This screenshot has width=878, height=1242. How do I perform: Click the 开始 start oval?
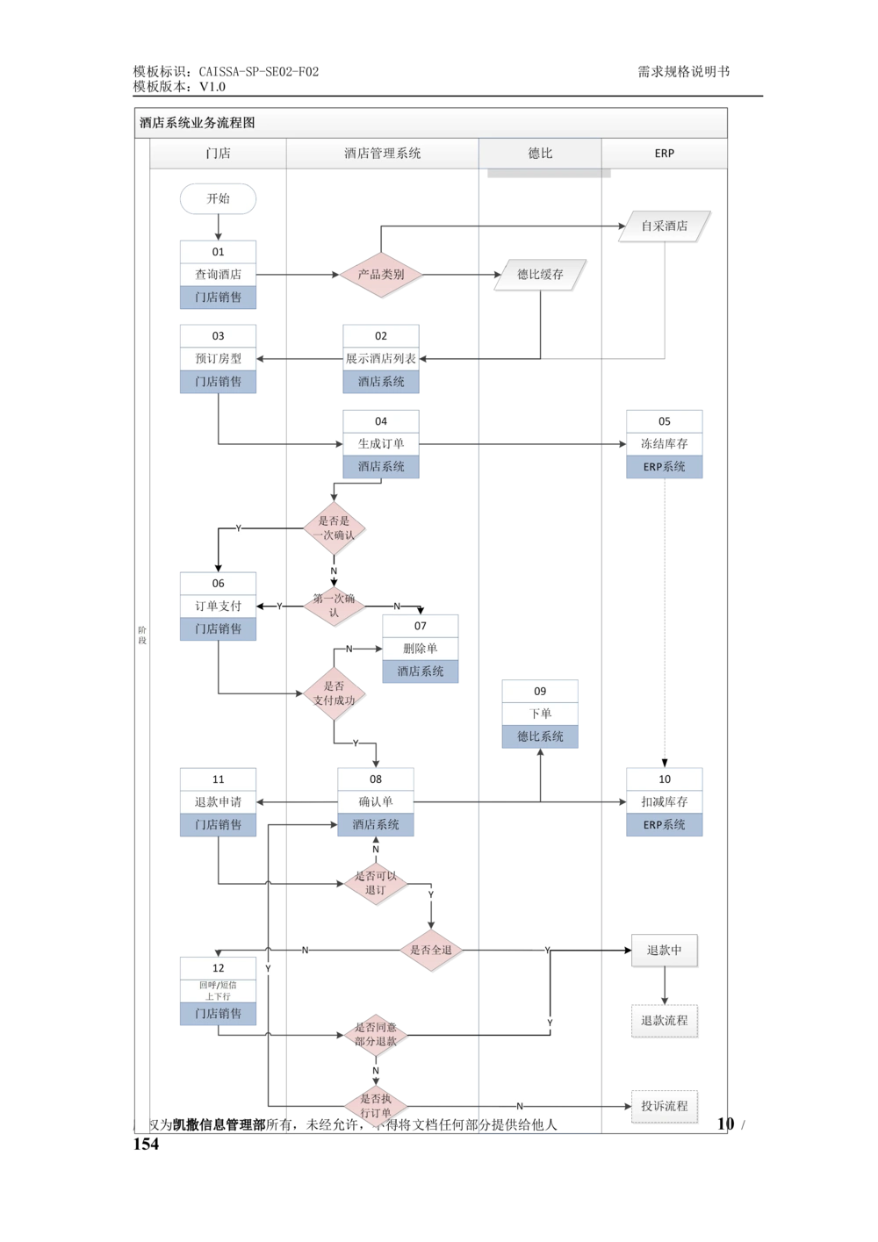(218, 199)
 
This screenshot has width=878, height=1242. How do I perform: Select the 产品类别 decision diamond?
(381, 275)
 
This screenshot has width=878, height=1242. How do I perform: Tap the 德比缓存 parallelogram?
(540, 275)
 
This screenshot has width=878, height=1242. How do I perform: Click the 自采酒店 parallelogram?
(665, 226)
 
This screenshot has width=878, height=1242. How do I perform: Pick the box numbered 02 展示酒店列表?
(381, 359)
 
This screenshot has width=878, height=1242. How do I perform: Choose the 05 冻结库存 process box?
(665, 444)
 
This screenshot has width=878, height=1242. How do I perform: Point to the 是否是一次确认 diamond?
(334, 528)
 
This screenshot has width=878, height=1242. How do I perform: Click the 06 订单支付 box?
(218, 607)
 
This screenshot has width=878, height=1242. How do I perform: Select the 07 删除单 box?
(420, 649)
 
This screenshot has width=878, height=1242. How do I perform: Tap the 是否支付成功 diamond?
(334, 693)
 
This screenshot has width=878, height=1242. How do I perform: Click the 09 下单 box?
(540, 714)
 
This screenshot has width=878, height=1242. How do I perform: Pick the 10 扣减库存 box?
(665, 802)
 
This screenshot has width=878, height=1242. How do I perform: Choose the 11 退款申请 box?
(218, 802)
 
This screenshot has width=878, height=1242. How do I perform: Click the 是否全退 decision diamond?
(431, 951)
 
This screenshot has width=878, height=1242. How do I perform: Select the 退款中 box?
(665, 951)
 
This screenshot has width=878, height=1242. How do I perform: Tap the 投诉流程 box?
(665, 1106)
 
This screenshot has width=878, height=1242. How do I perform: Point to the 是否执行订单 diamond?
(376, 1106)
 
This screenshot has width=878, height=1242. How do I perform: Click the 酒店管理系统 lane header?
(383, 154)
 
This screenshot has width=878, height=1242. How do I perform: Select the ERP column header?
(665, 154)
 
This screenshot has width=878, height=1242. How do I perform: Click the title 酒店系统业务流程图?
(198, 124)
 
